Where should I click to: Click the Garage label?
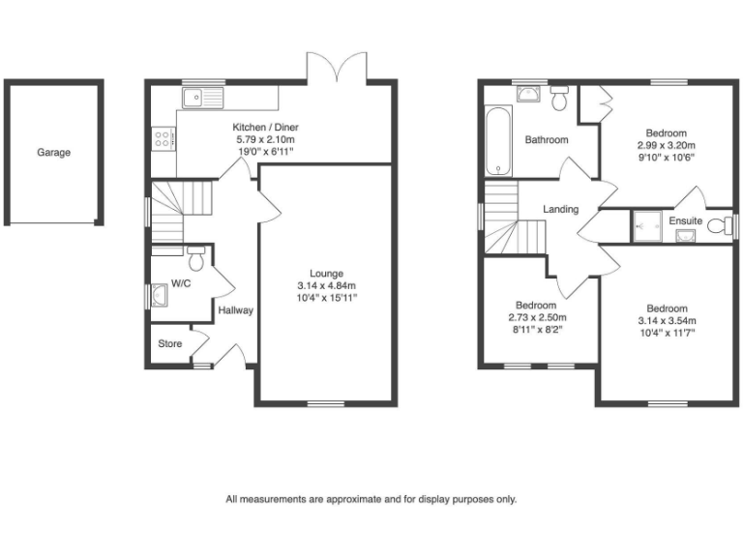click(54, 152)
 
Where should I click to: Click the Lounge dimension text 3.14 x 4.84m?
click(326, 285)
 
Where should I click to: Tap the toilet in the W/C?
click(196, 258)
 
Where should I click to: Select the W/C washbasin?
click(157, 294)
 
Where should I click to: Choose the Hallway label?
click(235, 310)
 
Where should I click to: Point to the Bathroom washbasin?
click(527, 94)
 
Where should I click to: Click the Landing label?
click(560, 209)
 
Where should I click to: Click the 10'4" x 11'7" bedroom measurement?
click(667, 334)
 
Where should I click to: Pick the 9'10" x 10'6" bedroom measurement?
click(667, 157)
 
